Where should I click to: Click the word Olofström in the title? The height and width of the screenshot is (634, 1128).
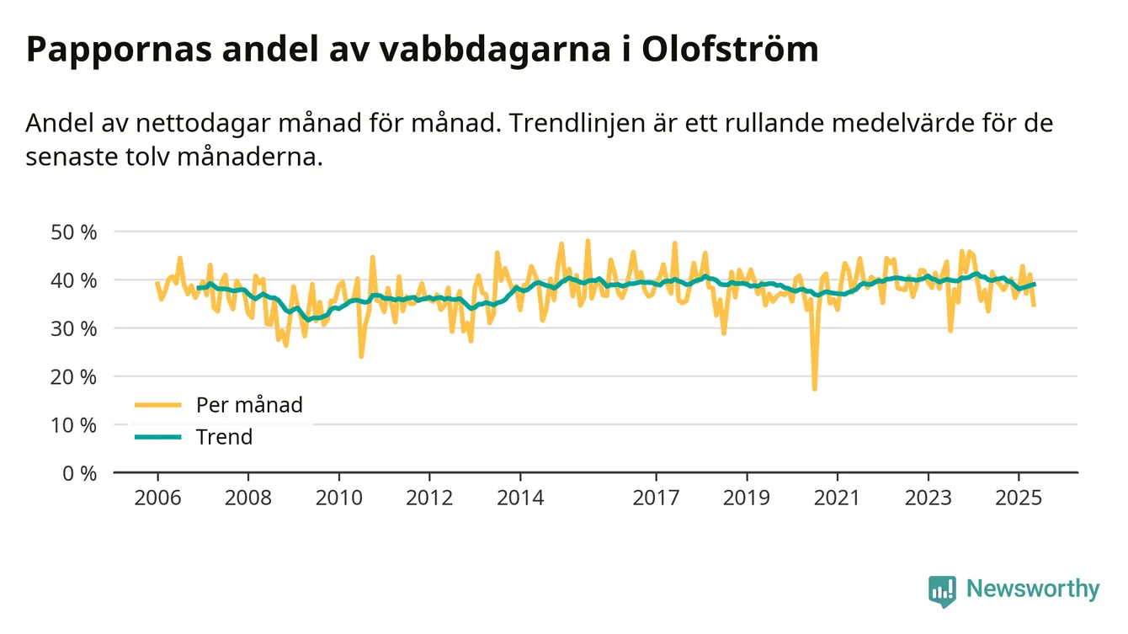click(x=729, y=50)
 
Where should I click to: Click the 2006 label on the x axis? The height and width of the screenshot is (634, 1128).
click(x=158, y=497)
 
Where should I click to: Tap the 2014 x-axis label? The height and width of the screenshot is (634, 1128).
click(x=521, y=497)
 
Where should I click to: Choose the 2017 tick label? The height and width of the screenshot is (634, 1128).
click(x=657, y=497)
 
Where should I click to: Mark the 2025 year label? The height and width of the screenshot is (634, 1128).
click(x=1019, y=497)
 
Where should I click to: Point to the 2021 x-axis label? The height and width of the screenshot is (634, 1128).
click(x=838, y=497)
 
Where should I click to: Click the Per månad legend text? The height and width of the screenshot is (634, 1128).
click(x=249, y=405)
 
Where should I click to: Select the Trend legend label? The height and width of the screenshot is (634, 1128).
click(x=224, y=437)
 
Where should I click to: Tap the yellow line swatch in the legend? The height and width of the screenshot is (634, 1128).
click(x=157, y=405)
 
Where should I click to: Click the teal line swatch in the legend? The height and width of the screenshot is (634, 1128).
click(x=157, y=437)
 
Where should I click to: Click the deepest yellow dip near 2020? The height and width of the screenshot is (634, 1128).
click(x=814, y=388)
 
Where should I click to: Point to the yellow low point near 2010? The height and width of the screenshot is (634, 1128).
click(x=361, y=356)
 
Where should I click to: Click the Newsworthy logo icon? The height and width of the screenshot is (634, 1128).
click(x=942, y=590)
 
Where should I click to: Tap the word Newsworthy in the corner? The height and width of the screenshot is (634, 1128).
click(x=1032, y=589)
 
